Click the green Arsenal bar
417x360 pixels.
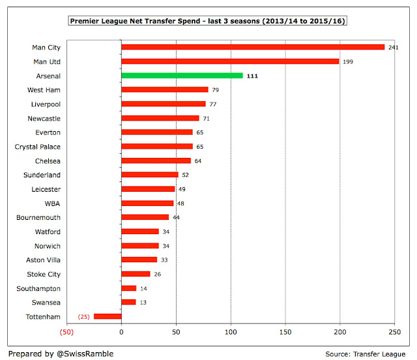[182, 76]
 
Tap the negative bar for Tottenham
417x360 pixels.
[108, 316]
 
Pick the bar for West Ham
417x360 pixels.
[164, 90]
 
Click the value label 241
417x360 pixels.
[394, 48]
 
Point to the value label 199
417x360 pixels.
[348, 61]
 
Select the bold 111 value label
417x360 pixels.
[253, 76]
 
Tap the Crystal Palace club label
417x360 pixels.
[38, 147]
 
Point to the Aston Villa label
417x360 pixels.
[44, 260]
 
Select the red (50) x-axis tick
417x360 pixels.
[66, 332]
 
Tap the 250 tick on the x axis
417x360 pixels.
[394, 332]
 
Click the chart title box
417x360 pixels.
[208, 22]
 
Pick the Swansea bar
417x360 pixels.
[128, 302]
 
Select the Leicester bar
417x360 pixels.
[148, 189]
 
